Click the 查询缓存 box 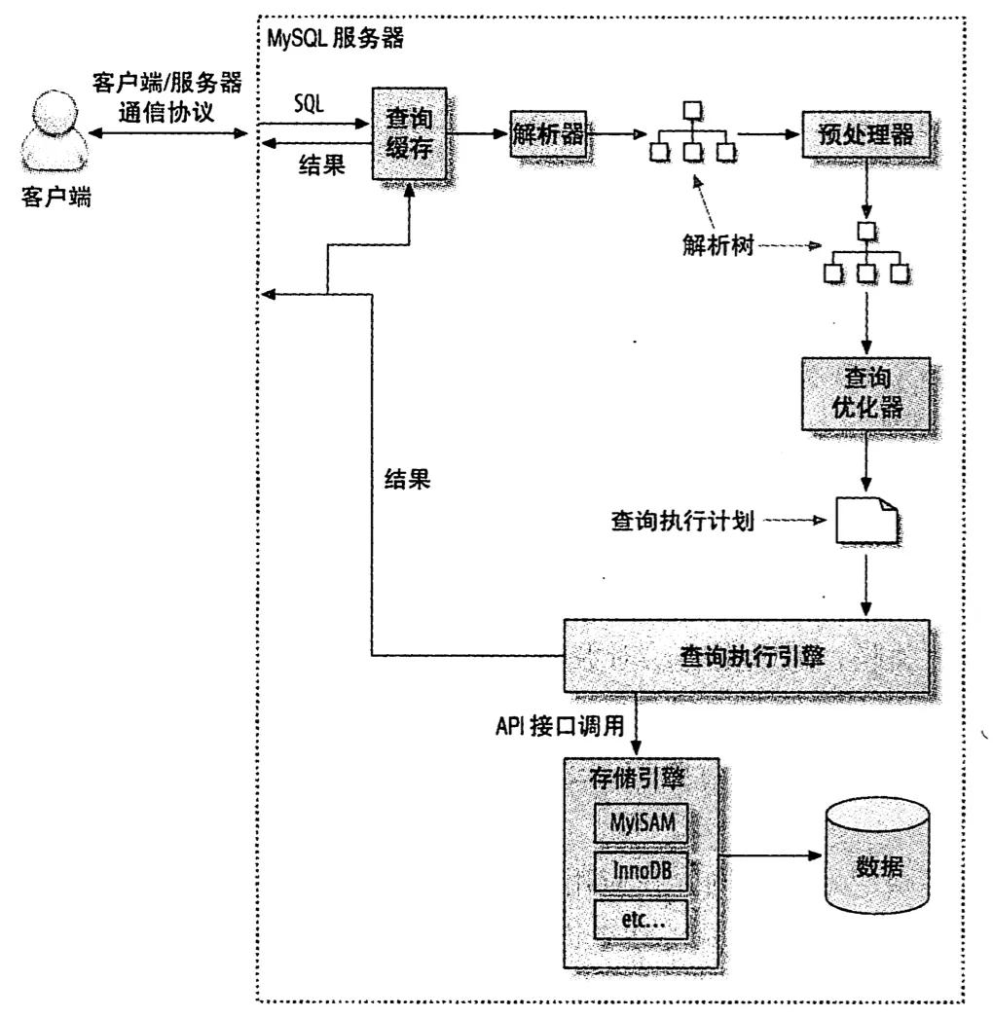point(409,133)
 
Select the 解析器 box point(548,133)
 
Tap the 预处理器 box point(865,134)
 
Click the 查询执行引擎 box point(747,656)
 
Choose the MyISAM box point(641,823)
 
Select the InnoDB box point(641,871)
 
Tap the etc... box point(641,920)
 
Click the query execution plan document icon point(866,520)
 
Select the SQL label point(309,103)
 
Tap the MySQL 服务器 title point(335,38)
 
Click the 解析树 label point(717,245)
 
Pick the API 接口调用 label point(560,726)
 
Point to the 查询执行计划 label point(681,521)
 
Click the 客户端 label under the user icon point(55,197)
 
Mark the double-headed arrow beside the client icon point(168,133)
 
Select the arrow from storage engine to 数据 point(771,855)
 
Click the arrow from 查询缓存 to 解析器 point(477,133)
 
